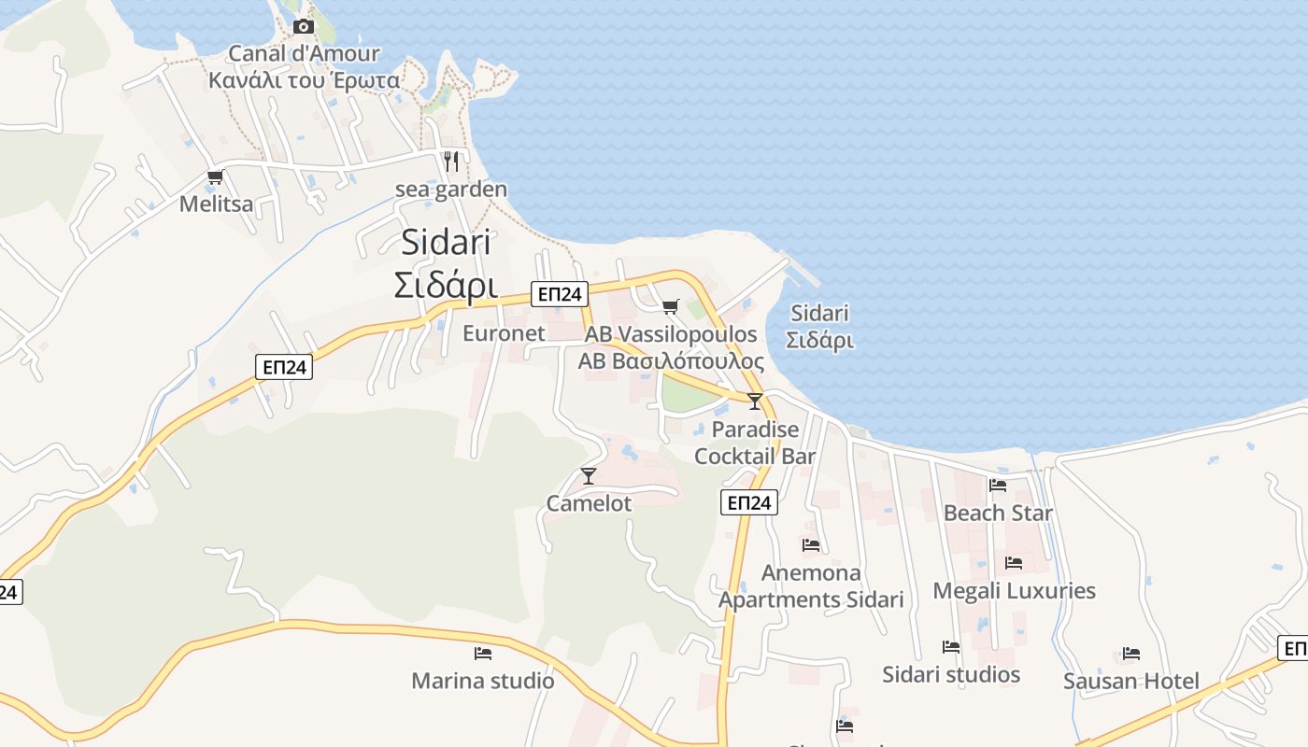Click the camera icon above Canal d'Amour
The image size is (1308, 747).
point(304,26)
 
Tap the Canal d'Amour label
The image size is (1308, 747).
point(305,54)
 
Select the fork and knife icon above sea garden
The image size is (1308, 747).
point(451,161)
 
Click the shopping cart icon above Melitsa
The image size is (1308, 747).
point(216,176)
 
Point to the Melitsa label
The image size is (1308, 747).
point(216,204)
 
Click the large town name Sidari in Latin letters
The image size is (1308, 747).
point(446,243)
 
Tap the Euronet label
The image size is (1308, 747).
point(504,333)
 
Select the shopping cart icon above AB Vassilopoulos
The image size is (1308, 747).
point(670,306)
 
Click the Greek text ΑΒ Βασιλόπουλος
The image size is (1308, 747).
point(671,361)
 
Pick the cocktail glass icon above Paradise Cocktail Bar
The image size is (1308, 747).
point(755,402)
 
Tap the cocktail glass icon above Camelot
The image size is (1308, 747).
point(589,476)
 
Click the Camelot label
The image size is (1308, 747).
point(589,503)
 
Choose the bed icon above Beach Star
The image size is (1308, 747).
point(998,486)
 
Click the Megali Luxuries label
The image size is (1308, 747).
point(1014,590)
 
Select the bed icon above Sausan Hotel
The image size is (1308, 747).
point(1131,654)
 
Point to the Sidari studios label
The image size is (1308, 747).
point(951,674)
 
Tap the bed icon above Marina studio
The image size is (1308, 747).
point(483,654)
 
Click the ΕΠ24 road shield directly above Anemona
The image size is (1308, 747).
point(749,503)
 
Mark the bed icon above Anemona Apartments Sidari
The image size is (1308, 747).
point(810,544)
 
